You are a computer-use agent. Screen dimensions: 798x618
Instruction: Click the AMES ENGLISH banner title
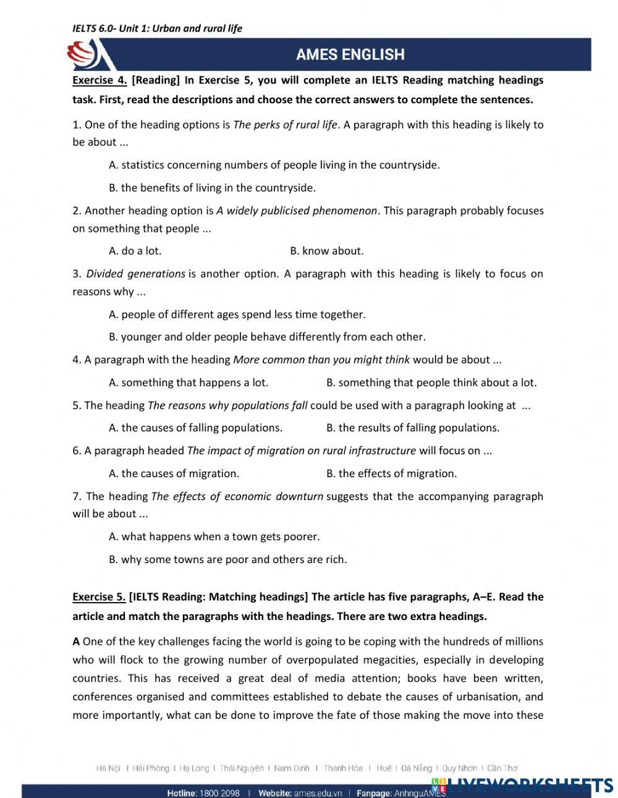pyautogui.click(x=350, y=54)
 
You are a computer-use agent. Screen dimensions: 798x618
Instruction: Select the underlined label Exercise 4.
pyautogui.click(x=99, y=80)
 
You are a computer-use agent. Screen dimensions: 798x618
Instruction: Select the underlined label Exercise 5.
pyautogui.click(x=99, y=597)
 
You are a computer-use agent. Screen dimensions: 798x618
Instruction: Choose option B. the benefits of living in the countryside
pyautogui.click(x=212, y=188)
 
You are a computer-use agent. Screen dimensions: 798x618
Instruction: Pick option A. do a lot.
pyautogui.click(x=135, y=251)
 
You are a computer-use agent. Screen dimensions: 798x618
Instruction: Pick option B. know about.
pyautogui.click(x=326, y=251)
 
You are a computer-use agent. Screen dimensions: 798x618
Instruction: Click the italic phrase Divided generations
pyautogui.click(x=135, y=274)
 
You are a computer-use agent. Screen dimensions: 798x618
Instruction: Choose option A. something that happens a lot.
pyautogui.click(x=188, y=383)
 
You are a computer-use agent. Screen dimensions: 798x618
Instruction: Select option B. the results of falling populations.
pyautogui.click(x=412, y=428)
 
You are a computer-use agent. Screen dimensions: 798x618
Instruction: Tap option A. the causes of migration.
pyautogui.click(x=174, y=473)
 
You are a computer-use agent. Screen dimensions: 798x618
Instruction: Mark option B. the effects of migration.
pyautogui.click(x=391, y=473)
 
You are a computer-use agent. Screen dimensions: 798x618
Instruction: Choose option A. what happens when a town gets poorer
pyautogui.click(x=214, y=537)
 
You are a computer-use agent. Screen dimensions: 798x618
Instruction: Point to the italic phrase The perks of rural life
pyautogui.click(x=285, y=125)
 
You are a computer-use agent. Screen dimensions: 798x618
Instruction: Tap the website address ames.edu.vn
pyautogui.click(x=318, y=793)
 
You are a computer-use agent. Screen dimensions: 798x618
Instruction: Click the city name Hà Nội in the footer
pyautogui.click(x=108, y=768)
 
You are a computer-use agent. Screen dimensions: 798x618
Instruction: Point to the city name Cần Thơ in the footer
pyautogui.click(x=502, y=768)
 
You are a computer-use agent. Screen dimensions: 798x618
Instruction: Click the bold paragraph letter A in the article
pyautogui.click(x=76, y=642)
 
